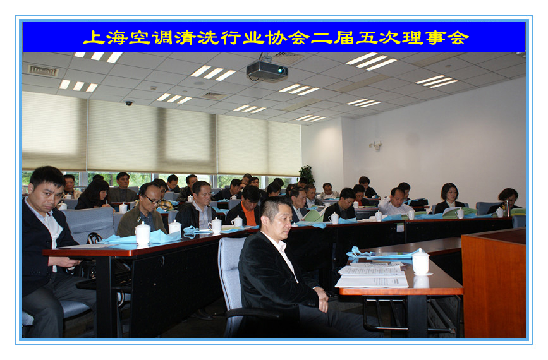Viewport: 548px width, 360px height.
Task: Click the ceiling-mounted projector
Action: pyautogui.click(x=267, y=70)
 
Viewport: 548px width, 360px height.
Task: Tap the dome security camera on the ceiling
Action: pyautogui.click(x=129, y=103)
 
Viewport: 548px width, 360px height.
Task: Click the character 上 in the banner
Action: pyautogui.click(x=94, y=37)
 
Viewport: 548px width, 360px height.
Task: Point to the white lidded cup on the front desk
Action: pyautogui.click(x=421, y=262)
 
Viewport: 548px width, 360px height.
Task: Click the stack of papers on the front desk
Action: pyautogui.click(x=372, y=275)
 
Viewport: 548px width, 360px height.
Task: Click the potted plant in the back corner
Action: pyautogui.click(x=307, y=174)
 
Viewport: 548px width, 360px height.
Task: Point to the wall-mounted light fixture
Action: pyautogui.click(x=376, y=145)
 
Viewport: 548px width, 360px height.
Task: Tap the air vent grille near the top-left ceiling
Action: pyautogui.click(x=42, y=71)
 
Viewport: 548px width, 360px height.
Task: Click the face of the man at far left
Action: pyautogui.click(x=48, y=195)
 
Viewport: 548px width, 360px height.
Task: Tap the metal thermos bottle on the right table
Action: pyautogui.click(x=507, y=208)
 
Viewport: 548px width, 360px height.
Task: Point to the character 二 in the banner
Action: pyautogui.click(x=321, y=38)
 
